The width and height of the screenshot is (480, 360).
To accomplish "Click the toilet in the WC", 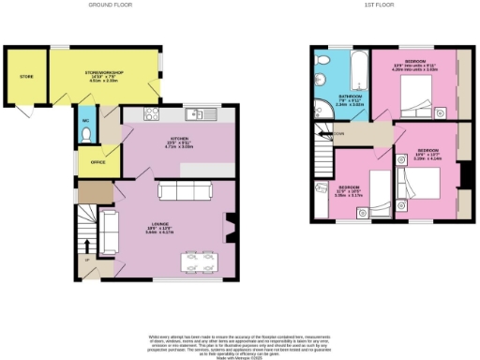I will coord(85,134).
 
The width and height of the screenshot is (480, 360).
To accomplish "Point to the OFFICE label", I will coord(97,160).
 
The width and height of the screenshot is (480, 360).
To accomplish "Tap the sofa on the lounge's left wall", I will coord(109,232).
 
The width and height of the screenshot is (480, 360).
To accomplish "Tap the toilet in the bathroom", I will coord(322,76).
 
